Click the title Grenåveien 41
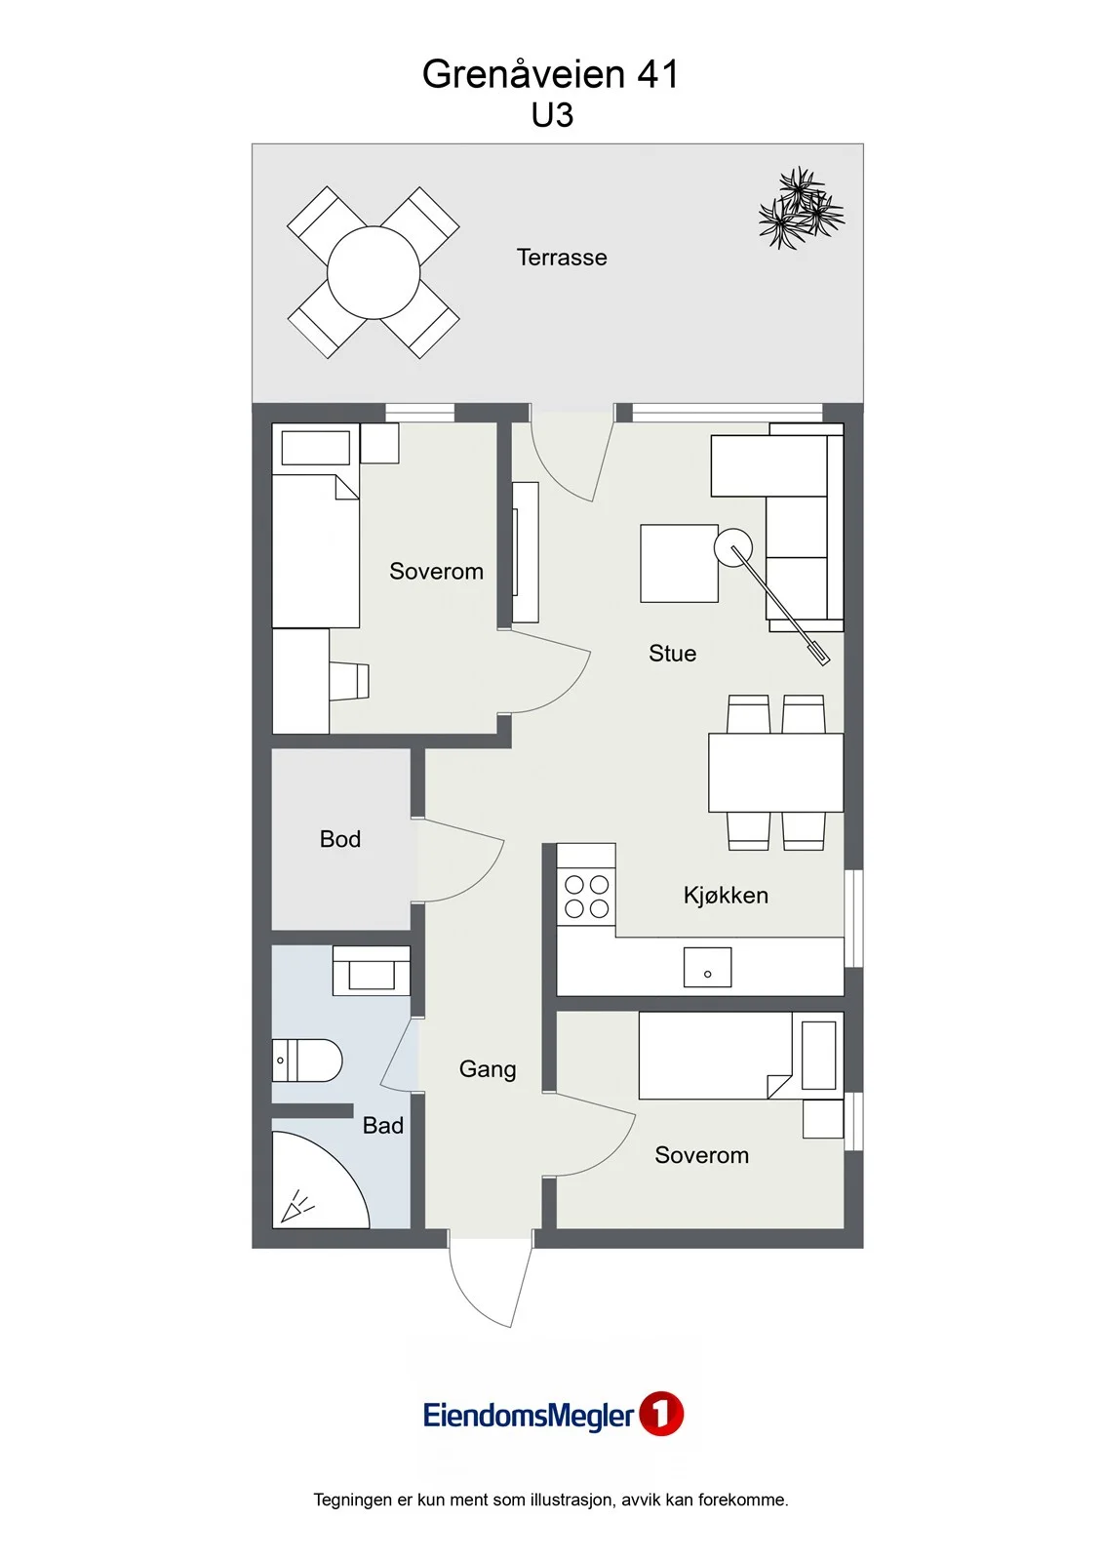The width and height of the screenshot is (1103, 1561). tap(550, 74)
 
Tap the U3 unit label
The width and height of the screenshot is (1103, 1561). tap(552, 116)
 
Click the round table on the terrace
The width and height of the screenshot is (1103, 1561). tap(374, 272)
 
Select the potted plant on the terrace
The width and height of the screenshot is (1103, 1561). tap(801, 208)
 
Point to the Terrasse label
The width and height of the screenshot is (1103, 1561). tap(562, 258)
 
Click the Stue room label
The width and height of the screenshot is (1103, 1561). tap(672, 653)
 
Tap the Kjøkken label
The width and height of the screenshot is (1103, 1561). tap(726, 895)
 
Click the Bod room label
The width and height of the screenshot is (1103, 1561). tap(340, 838)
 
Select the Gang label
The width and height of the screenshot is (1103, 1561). tap(488, 1069)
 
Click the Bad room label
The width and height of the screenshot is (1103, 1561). tap(383, 1126)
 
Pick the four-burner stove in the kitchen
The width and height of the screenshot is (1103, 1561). tap(586, 897)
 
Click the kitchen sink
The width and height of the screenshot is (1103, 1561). tap(707, 967)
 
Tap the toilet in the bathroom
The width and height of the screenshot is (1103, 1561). tap(306, 1061)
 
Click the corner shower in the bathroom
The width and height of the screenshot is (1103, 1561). tap(320, 1180)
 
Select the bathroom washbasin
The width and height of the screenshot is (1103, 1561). tap(372, 971)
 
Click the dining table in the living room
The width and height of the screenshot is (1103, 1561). tap(775, 772)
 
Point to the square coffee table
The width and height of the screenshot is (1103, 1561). tap(680, 563)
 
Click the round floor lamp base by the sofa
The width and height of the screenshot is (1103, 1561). tap(733, 547)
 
